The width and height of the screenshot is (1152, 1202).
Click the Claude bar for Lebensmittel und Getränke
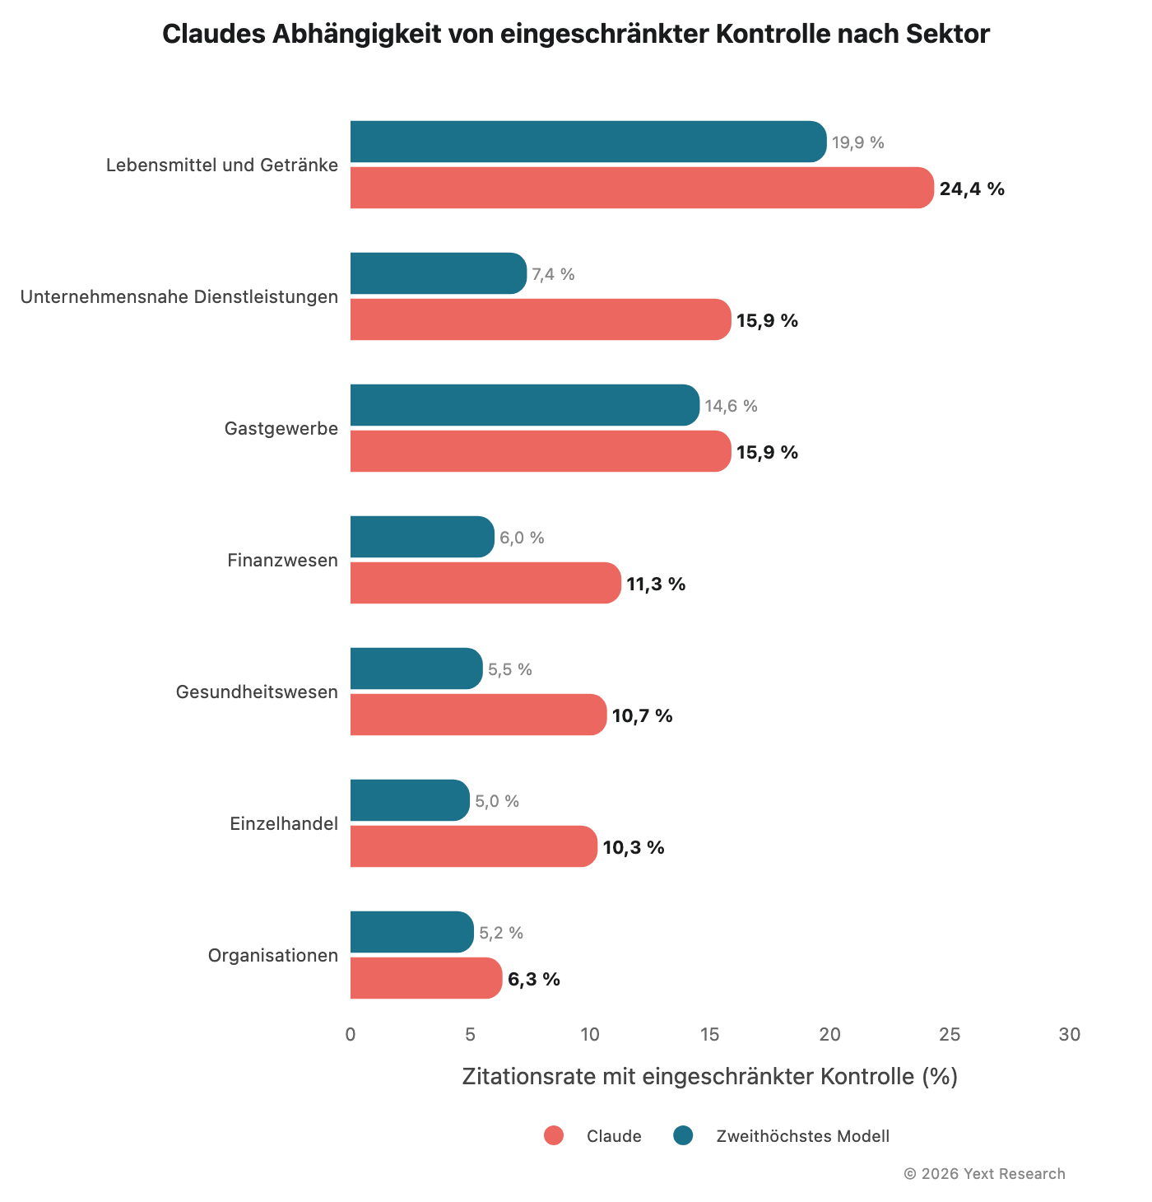642,188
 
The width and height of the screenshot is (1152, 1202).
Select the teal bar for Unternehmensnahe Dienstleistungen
438,273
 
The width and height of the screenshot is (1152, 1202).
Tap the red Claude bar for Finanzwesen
485,583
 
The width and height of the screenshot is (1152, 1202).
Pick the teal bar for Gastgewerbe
524,405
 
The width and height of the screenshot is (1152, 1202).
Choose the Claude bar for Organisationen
425,978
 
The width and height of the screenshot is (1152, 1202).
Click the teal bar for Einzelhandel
410,800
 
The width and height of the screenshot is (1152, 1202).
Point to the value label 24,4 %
972,189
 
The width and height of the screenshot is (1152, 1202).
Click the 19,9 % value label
857,142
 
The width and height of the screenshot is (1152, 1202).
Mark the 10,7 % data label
642,716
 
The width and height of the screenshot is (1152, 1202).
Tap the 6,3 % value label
533,980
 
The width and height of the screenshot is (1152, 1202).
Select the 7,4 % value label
553,274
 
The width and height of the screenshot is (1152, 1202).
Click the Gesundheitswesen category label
257,692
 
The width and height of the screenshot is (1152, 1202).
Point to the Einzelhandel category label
284,824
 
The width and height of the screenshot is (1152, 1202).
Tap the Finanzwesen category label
282,561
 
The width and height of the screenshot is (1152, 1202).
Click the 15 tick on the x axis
709,1035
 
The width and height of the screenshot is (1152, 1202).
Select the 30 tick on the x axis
1069,1035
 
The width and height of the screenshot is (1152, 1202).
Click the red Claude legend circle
554,1136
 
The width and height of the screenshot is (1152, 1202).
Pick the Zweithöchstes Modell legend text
802,1137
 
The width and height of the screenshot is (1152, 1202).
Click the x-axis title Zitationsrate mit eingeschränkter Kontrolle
709,1076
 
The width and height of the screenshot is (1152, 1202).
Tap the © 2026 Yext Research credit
984,1174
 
